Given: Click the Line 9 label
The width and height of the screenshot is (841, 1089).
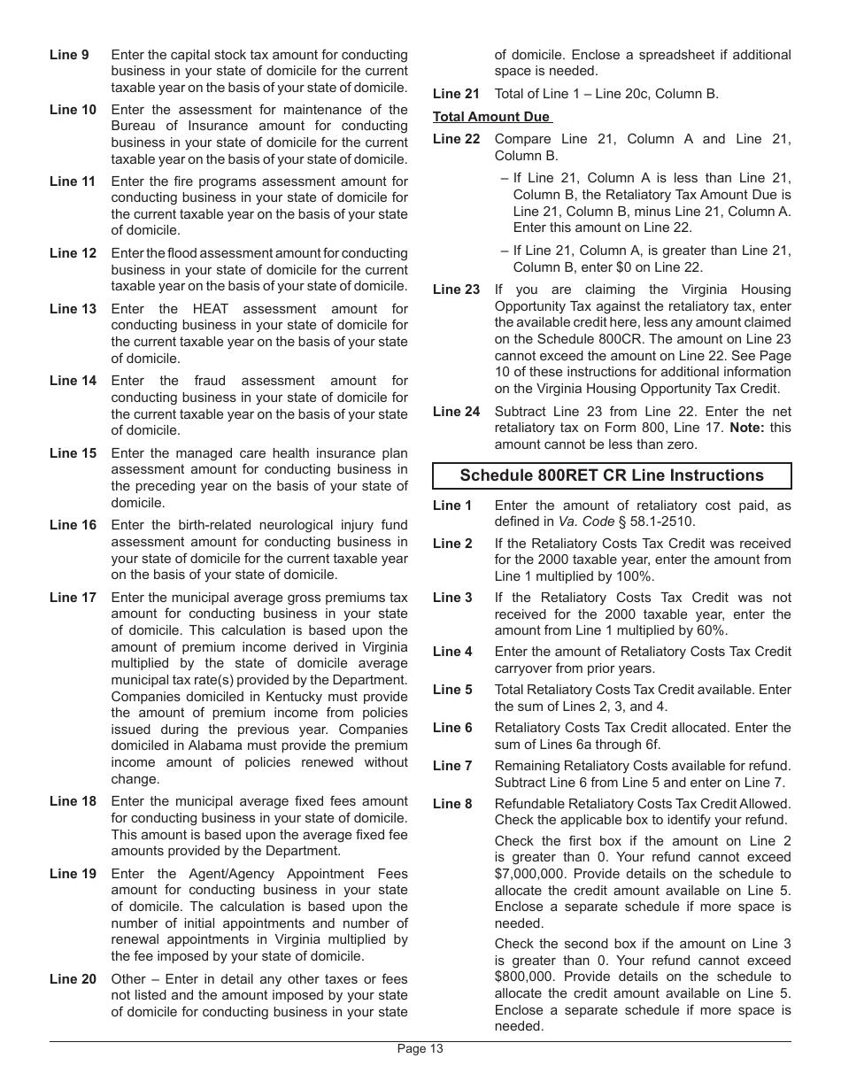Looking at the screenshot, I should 69,55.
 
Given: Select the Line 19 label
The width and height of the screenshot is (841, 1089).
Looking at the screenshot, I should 73,874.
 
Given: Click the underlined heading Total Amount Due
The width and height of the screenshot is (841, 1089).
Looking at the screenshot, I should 491,117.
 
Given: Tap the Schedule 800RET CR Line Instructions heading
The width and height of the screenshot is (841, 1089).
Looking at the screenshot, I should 612,475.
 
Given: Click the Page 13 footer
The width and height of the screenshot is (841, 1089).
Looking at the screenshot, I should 420,1049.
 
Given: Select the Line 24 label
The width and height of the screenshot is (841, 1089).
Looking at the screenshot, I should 456,412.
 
